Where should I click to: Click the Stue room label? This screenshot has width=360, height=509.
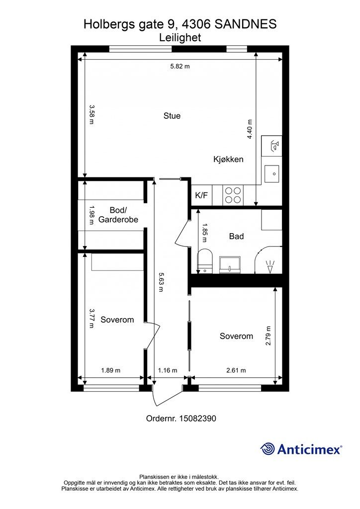pos(172,116)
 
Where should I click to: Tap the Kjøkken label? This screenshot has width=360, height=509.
pos(228,160)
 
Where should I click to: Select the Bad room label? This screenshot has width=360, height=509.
pos(236,236)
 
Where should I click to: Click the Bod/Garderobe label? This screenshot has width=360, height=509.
pos(118,215)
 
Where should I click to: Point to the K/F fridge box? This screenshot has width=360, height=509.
pos(201,195)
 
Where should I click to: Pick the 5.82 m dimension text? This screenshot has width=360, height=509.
pos(180,67)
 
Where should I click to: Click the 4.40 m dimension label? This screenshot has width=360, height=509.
pos(250,129)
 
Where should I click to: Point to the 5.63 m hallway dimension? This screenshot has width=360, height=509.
pos(161,282)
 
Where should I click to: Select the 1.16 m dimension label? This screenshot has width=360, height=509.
pos(168,370)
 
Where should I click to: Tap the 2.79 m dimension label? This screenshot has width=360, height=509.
pos(268,336)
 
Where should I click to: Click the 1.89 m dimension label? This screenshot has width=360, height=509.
pos(111,370)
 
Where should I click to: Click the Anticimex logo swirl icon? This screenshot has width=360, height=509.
pos(268,449)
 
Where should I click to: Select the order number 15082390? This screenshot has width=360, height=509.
pos(198,419)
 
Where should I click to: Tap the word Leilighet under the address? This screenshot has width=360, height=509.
pos(180,38)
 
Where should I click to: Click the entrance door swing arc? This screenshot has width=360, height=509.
pos(169,398)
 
